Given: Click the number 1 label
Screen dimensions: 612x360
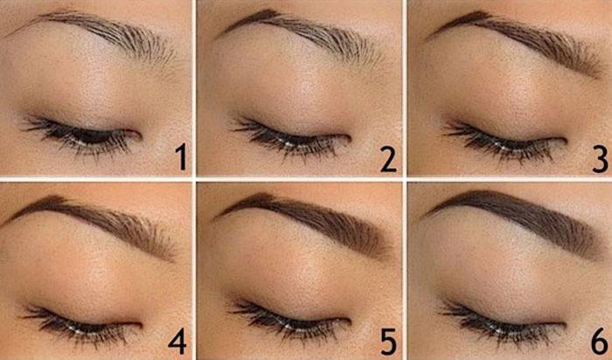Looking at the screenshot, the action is tap(181, 156).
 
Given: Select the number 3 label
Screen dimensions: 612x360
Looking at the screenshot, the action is tap(601, 157).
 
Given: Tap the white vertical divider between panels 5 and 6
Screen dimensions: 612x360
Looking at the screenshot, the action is tap(405, 270).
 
